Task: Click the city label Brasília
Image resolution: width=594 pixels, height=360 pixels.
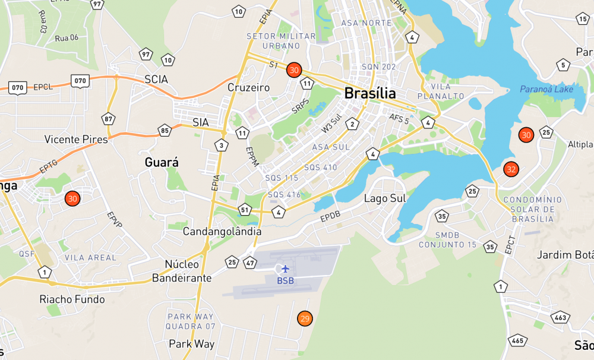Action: tap(370, 93)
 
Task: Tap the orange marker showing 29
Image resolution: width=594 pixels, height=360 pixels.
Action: tap(305, 319)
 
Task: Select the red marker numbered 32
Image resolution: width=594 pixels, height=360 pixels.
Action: tap(511, 169)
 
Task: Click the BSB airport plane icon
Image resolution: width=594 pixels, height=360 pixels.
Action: tap(285, 269)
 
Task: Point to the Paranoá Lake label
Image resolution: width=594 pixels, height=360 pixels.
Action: tap(546, 89)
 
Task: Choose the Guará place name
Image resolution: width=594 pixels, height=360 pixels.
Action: tap(162, 162)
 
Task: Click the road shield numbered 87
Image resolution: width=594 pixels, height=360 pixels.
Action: tap(108, 119)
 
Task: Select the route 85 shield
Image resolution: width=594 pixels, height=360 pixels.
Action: tap(165, 130)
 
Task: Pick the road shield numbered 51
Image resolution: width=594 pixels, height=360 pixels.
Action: tap(245, 209)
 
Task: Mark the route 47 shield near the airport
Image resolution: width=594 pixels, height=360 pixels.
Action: tap(249, 262)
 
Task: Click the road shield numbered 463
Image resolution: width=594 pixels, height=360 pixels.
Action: tap(560, 318)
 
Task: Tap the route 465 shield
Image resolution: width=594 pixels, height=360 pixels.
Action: tap(517, 340)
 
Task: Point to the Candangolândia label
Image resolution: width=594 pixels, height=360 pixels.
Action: tap(222, 230)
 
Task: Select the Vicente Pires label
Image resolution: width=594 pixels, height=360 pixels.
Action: tap(76, 140)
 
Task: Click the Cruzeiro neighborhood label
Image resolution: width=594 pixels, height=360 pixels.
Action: tap(248, 88)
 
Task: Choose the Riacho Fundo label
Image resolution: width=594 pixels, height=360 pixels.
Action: tap(72, 299)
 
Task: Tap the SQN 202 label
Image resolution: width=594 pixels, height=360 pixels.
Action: tap(378, 67)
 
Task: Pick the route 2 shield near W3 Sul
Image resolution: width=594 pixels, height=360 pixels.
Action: tap(353, 124)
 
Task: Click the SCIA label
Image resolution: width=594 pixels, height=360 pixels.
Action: tap(156, 79)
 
